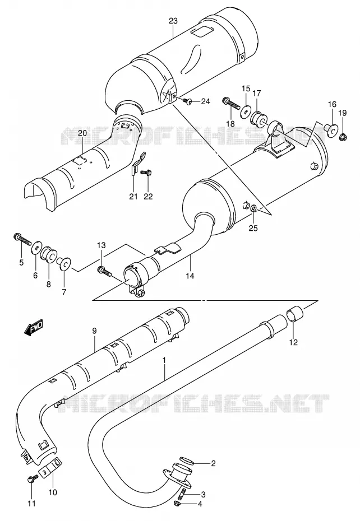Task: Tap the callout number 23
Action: point(173,21)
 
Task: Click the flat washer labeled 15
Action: point(246,111)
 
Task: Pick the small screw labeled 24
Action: point(187,100)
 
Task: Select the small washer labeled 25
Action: point(253,208)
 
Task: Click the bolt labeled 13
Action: point(105,271)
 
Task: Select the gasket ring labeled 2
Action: point(187,461)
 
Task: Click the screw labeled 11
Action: point(32,479)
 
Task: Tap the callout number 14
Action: point(191,276)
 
